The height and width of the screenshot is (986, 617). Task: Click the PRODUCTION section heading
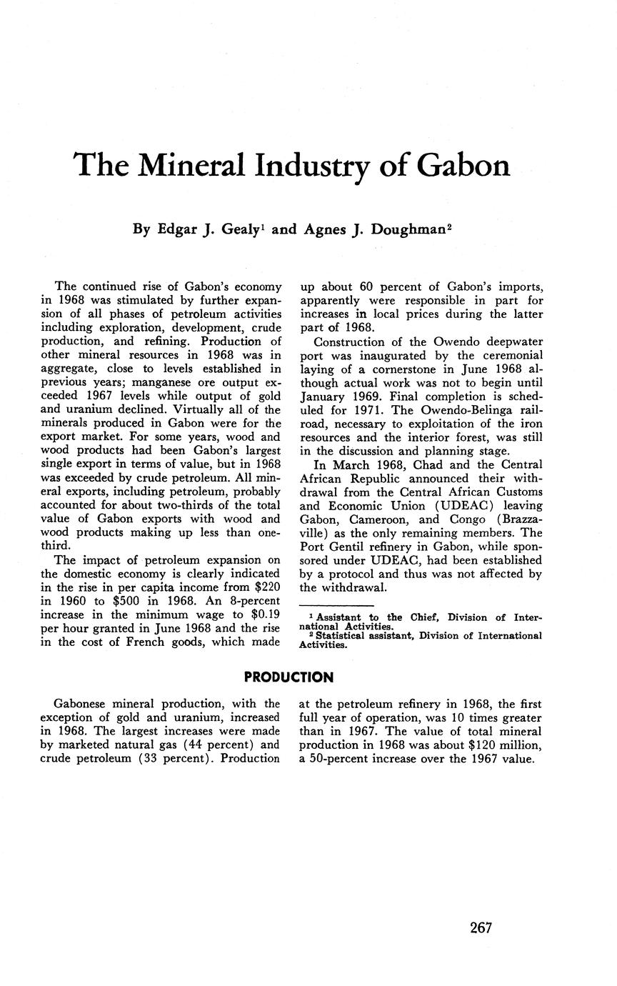point(289,677)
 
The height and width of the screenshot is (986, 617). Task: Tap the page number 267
point(481,927)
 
